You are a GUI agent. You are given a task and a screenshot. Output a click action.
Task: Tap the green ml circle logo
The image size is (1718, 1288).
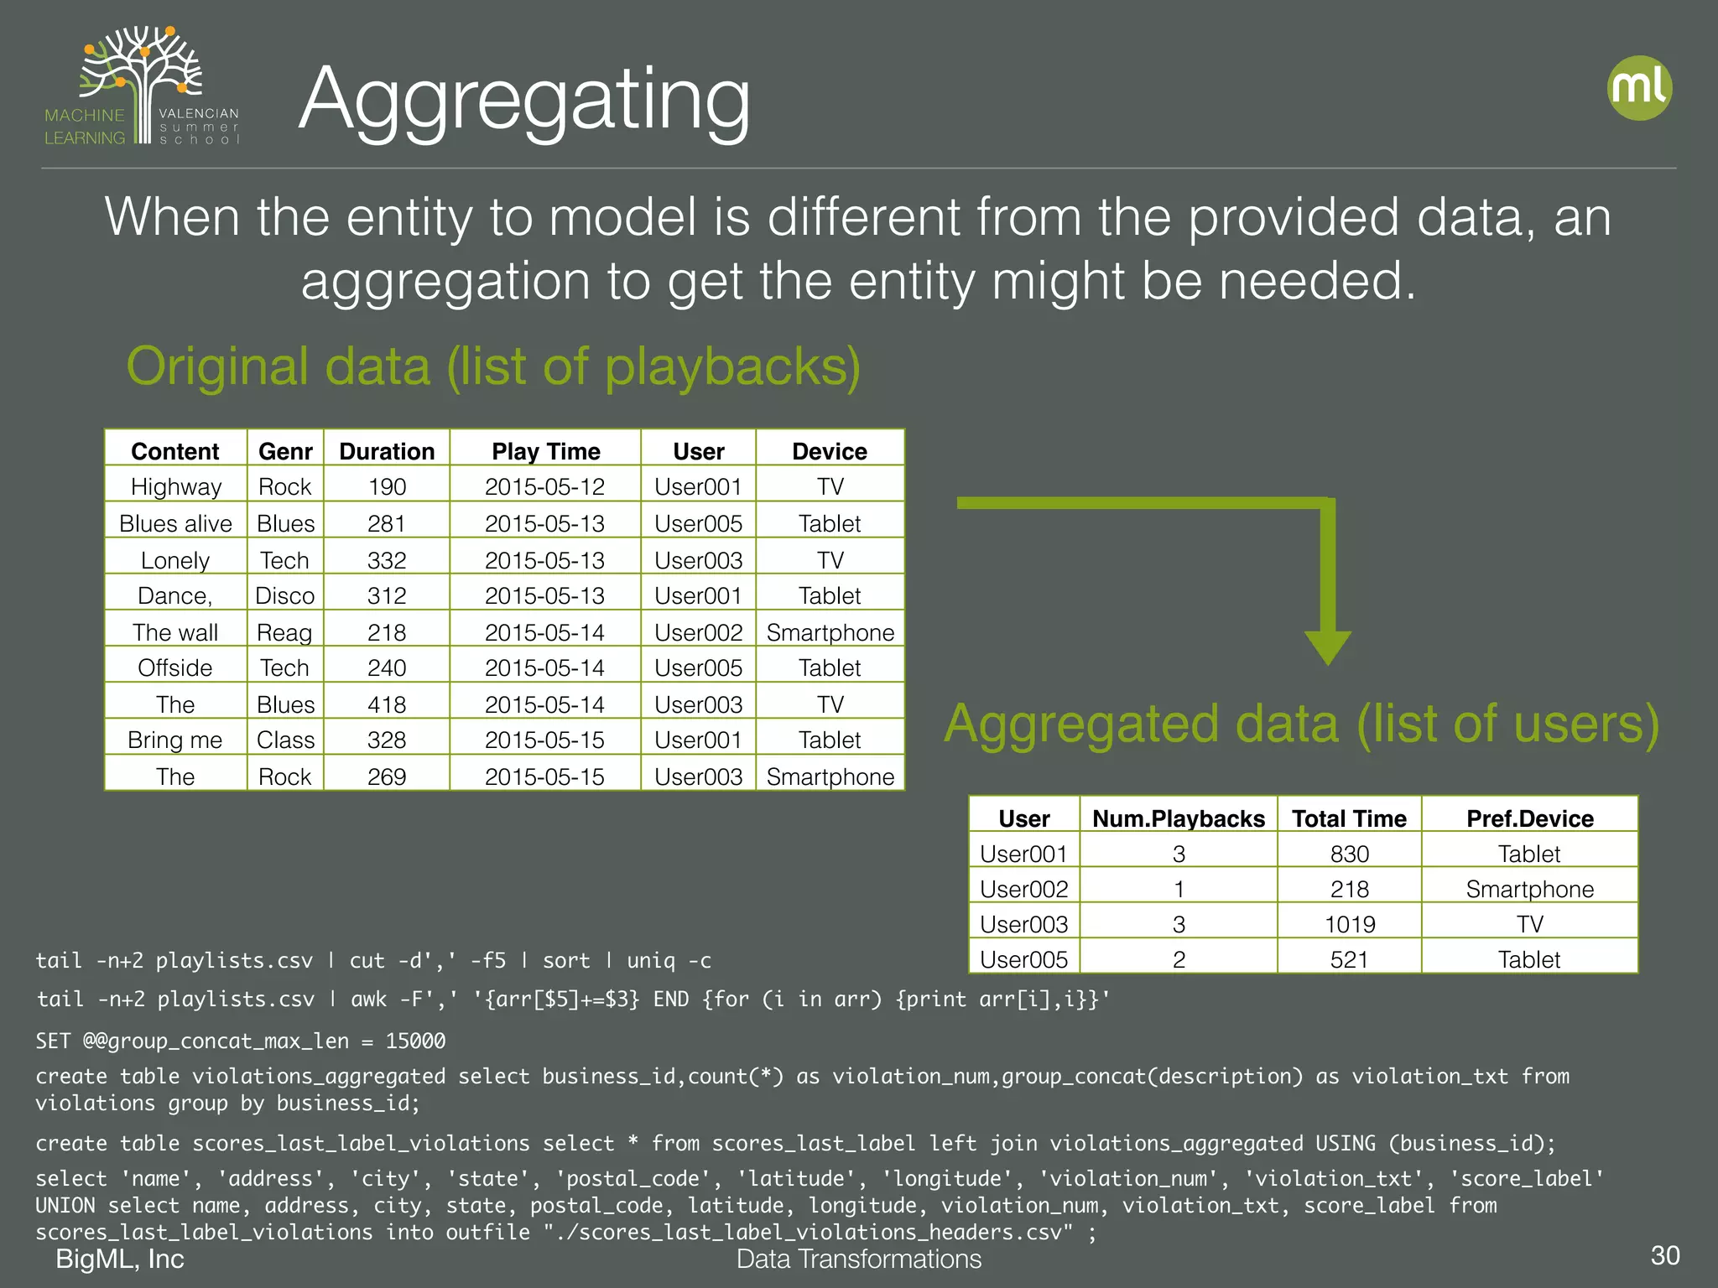point(1639,88)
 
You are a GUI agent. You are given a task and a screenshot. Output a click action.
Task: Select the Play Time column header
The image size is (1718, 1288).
point(545,451)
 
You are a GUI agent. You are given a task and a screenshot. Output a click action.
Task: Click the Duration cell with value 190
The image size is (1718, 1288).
point(387,487)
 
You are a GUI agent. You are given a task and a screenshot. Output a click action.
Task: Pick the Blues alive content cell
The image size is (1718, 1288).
point(175,523)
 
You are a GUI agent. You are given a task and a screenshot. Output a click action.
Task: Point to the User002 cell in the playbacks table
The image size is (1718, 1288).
point(698,632)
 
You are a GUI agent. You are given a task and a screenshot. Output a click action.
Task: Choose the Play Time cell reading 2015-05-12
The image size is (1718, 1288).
point(544,487)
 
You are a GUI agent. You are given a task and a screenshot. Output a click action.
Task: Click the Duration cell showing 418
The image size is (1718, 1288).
point(387,704)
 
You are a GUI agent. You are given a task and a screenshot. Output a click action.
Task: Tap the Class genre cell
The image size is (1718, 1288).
point(285,740)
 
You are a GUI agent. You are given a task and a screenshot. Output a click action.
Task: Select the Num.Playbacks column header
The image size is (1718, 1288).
point(1178,818)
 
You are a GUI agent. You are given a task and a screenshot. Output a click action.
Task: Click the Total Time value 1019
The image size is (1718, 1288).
point(1350,924)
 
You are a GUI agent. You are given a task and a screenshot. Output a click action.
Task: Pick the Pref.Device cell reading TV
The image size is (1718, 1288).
point(1529,924)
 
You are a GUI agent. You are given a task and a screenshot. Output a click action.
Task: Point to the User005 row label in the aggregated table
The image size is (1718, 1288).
point(1023,959)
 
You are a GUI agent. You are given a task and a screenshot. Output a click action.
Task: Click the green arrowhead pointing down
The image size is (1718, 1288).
point(1327,647)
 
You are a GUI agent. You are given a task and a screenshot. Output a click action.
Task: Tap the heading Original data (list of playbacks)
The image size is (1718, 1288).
point(493,366)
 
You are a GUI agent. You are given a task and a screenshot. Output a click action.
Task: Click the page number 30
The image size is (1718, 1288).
point(1664,1255)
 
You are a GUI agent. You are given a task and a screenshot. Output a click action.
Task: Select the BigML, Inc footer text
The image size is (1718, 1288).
point(120,1259)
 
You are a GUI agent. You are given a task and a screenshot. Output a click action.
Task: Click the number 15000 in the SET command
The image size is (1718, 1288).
point(415,1041)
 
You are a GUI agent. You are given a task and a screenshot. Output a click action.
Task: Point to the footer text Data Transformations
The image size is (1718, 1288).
point(858,1259)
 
